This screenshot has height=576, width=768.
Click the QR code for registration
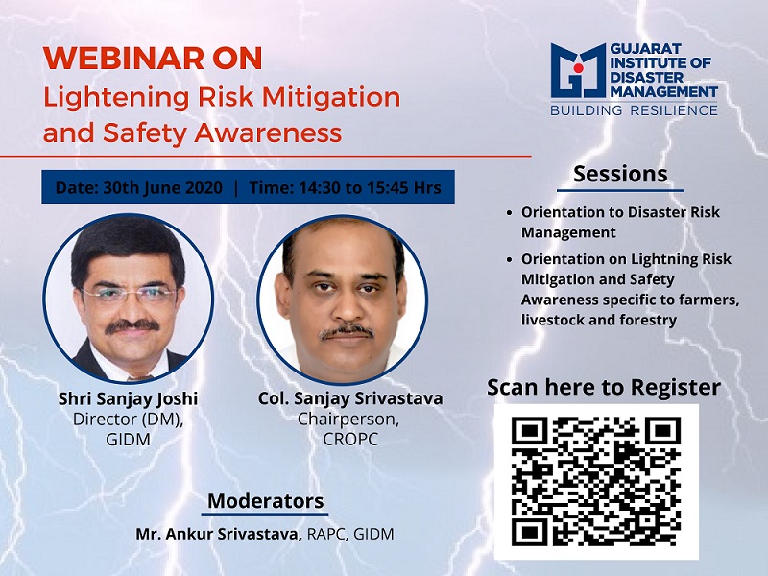[596, 482]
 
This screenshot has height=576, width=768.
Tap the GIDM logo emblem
[579, 70]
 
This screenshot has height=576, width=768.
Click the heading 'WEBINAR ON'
[153, 59]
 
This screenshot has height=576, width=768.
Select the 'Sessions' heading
[620, 174]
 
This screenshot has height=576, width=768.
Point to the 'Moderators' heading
[266, 501]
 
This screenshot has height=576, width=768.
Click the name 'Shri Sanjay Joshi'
[128, 398]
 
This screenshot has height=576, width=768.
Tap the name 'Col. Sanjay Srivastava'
[350, 398]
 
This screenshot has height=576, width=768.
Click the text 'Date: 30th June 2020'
[139, 187]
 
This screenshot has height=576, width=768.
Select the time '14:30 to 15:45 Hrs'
[371, 187]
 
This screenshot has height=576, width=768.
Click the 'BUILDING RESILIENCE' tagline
[634, 110]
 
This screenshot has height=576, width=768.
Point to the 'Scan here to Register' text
[604, 387]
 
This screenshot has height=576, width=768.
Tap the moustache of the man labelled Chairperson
[347, 332]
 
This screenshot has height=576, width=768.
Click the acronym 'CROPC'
[350, 440]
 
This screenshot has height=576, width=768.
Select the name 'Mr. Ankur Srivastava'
[219, 534]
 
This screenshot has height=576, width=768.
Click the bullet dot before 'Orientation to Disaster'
[510, 213]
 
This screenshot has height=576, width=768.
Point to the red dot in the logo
[579, 67]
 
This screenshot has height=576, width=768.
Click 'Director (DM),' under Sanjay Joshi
[128, 420]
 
